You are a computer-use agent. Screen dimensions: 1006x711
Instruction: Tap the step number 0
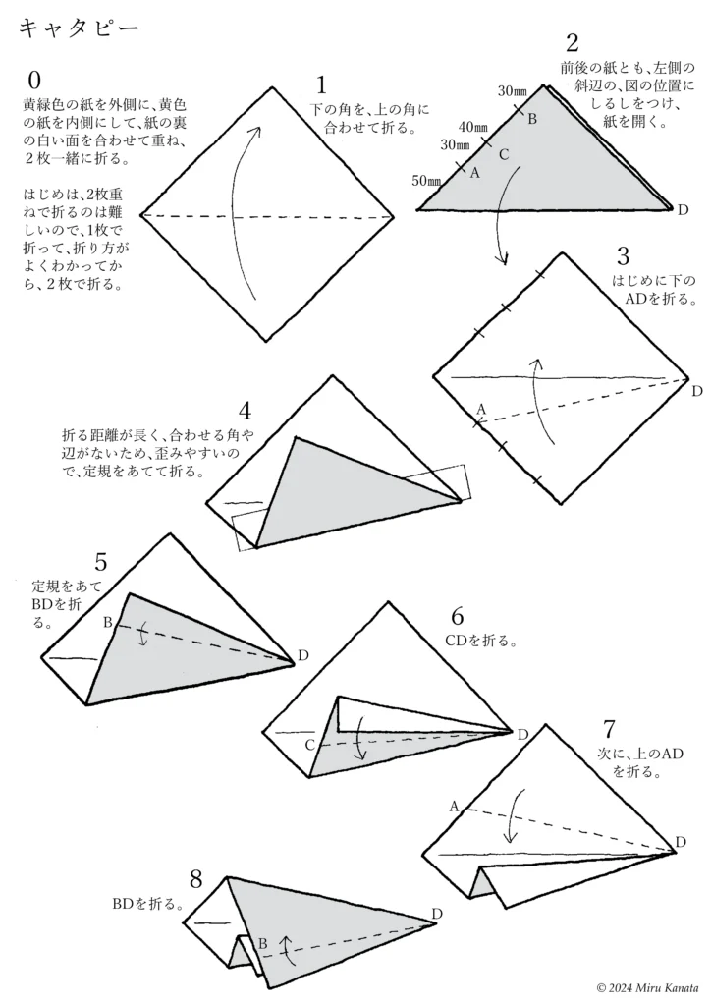click(x=35, y=80)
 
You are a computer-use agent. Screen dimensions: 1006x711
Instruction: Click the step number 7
click(x=610, y=730)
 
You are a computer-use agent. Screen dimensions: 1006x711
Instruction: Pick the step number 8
click(x=196, y=877)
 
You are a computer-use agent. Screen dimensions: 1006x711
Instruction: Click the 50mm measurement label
click(x=426, y=181)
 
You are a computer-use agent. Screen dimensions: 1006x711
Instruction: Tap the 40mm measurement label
click(x=473, y=127)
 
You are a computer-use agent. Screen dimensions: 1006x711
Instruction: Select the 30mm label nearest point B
click(x=512, y=91)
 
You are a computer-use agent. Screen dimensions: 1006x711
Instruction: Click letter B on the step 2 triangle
click(x=532, y=119)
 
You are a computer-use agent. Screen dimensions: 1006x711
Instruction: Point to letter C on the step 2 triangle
click(x=503, y=154)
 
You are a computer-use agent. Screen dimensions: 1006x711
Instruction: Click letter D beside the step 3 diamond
click(x=696, y=391)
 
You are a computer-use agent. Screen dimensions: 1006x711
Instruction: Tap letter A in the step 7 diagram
click(x=455, y=806)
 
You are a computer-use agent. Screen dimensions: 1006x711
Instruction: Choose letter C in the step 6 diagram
click(x=309, y=745)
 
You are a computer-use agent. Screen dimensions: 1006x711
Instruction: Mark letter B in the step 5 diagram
click(x=108, y=622)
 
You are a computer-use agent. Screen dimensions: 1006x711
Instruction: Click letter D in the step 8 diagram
click(x=437, y=914)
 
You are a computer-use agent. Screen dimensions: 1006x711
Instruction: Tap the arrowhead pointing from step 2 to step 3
click(x=503, y=259)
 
